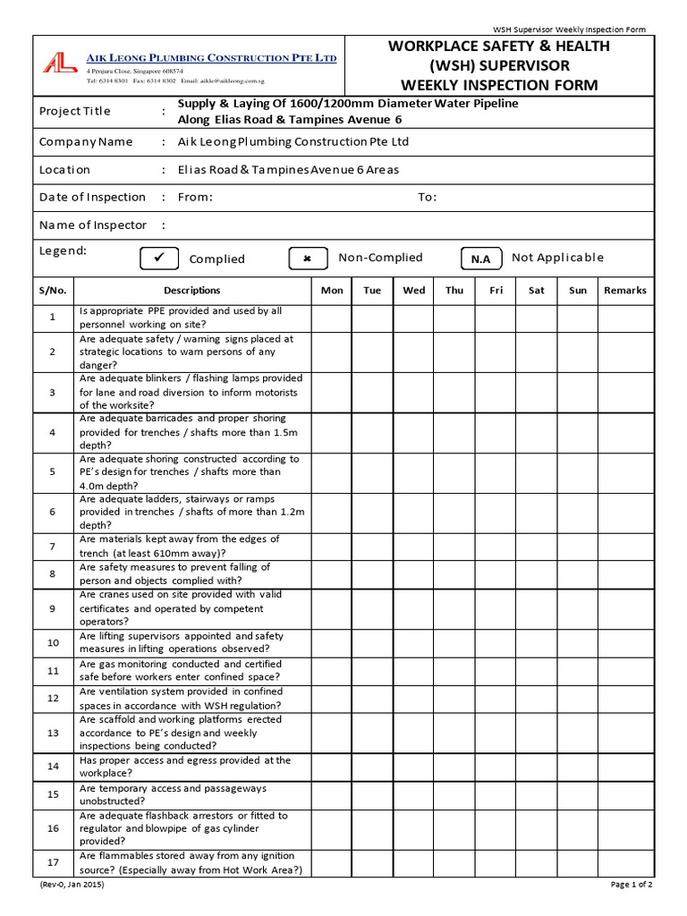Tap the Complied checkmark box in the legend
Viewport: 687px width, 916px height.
(160, 259)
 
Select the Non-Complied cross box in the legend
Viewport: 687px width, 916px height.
(308, 259)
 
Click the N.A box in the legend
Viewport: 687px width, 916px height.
(480, 259)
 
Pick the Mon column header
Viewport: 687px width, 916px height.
(332, 291)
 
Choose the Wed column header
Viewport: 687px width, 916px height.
(414, 291)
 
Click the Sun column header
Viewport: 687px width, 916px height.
(579, 291)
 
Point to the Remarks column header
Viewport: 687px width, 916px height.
(625, 291)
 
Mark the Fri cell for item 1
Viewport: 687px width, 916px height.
(496, 318)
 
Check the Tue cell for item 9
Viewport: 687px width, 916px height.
(372, 608)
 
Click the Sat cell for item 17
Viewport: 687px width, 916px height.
(537, 863)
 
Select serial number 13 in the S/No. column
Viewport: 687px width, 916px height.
(53, 733)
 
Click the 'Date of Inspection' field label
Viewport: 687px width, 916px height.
(92, 198)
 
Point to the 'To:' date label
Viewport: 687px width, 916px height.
(427, 198)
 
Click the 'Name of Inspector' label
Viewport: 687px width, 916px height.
(92, 225)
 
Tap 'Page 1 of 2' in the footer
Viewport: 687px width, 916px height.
(632, 885)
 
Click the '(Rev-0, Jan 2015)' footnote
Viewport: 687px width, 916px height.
(72, 885)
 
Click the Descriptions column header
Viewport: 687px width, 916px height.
(191, 291)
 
